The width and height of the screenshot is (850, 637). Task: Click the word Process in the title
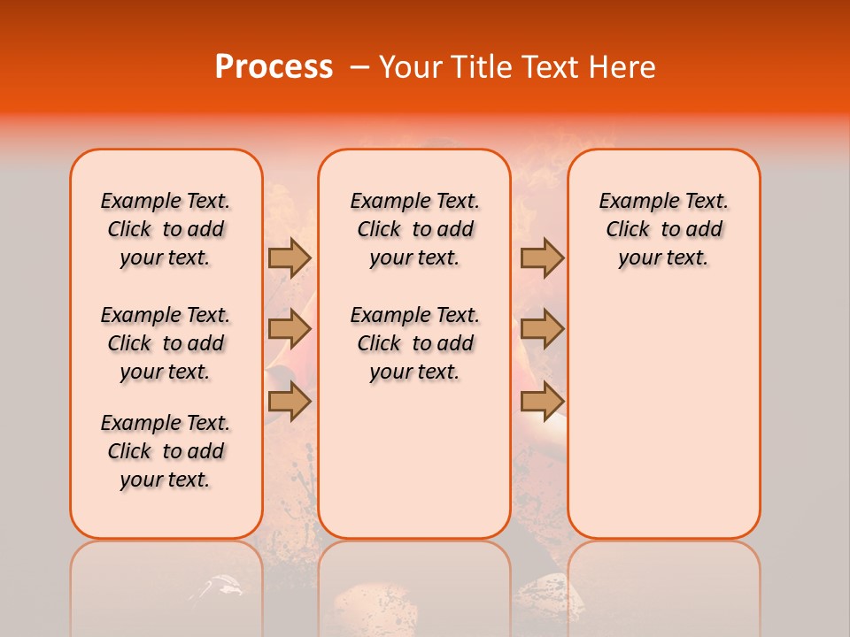point(273,67)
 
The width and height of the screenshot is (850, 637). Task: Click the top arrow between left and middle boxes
point(290,257)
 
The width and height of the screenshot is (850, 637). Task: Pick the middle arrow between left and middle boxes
point(290,329)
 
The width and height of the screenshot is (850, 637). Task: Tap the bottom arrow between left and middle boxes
point(290,401)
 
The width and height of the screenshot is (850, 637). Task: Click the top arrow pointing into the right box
point(542,257)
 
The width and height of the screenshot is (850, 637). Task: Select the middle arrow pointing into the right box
point(542,329)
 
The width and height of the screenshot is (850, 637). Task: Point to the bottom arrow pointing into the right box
point(542,401)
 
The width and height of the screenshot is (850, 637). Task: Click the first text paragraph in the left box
point(166,229)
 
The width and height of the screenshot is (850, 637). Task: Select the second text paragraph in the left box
point(166,343)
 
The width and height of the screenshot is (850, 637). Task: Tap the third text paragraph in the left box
point(166,451)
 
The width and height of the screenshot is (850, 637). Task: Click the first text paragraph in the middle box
point(414,229)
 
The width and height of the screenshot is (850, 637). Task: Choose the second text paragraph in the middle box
point(414,343)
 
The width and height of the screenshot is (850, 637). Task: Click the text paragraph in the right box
point(663,229)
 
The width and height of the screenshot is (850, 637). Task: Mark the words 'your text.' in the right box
point(663,258)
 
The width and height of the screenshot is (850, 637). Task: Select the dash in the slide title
point(359,67)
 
